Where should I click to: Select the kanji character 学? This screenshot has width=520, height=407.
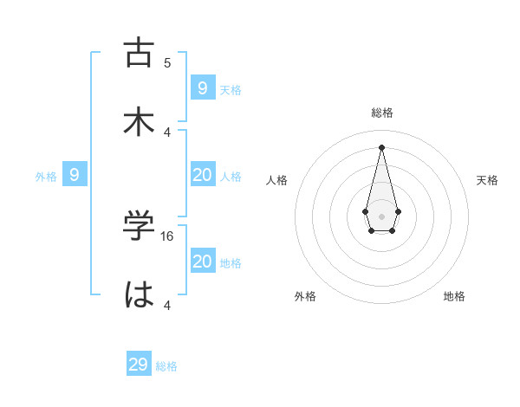tap(140, 226)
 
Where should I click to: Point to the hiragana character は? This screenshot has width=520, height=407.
tap(140, 294)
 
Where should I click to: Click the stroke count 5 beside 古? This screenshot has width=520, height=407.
tap(167, 62)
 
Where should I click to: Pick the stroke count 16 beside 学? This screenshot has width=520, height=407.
tap(168, 236)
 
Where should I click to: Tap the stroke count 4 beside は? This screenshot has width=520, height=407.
tap(167, 305)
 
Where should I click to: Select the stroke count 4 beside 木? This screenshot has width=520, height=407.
tap(167, 132)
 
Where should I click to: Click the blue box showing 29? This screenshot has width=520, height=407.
tap(139, 365)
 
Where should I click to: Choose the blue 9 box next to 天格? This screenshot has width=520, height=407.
tap(202, 87)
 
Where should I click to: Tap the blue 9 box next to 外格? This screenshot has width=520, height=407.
tap(75, 175)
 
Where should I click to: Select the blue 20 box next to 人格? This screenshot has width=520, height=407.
tap(202, 175)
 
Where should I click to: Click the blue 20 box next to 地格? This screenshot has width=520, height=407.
tap(202, 262)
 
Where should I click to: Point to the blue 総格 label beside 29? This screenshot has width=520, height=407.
tap(166, 366)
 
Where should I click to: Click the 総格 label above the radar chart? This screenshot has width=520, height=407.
tap(382, 113)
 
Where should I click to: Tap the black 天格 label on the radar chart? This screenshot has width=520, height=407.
tap(487, 180)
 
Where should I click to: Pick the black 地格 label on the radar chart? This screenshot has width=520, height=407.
tap(454, 296)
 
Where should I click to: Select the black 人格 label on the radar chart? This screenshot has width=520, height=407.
tap(277, 180)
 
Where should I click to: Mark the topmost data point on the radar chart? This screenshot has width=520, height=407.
tap(382, 146)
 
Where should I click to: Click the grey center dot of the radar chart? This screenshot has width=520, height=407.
tap(382, 216)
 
